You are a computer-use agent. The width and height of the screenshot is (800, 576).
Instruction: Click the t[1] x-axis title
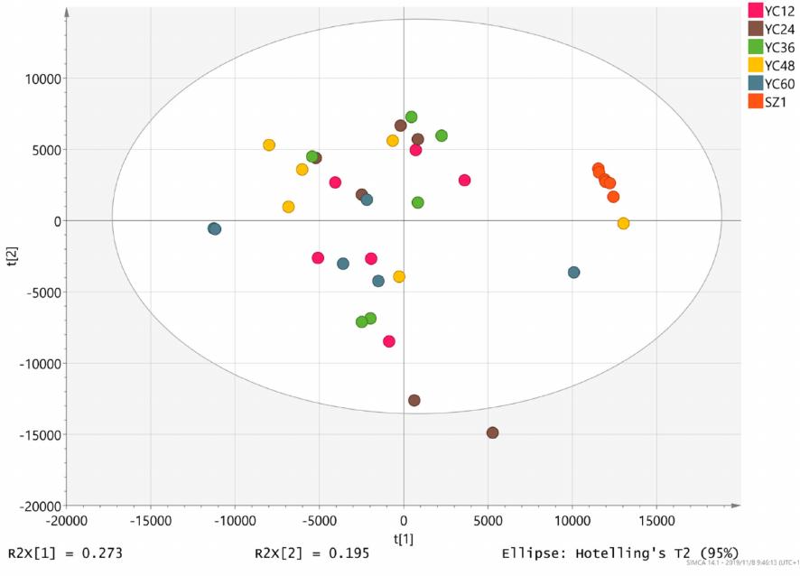coord(404,538)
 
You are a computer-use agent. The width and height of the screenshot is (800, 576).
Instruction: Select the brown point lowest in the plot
coord(492,432)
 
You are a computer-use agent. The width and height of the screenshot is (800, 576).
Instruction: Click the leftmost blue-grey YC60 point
coord(214,229)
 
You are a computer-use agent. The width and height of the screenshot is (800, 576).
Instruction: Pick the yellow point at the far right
coord(623,223)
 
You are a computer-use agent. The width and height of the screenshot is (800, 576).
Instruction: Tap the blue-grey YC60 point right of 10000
coord(573,272)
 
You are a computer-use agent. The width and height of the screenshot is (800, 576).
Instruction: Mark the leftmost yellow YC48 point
coord(269,144)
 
